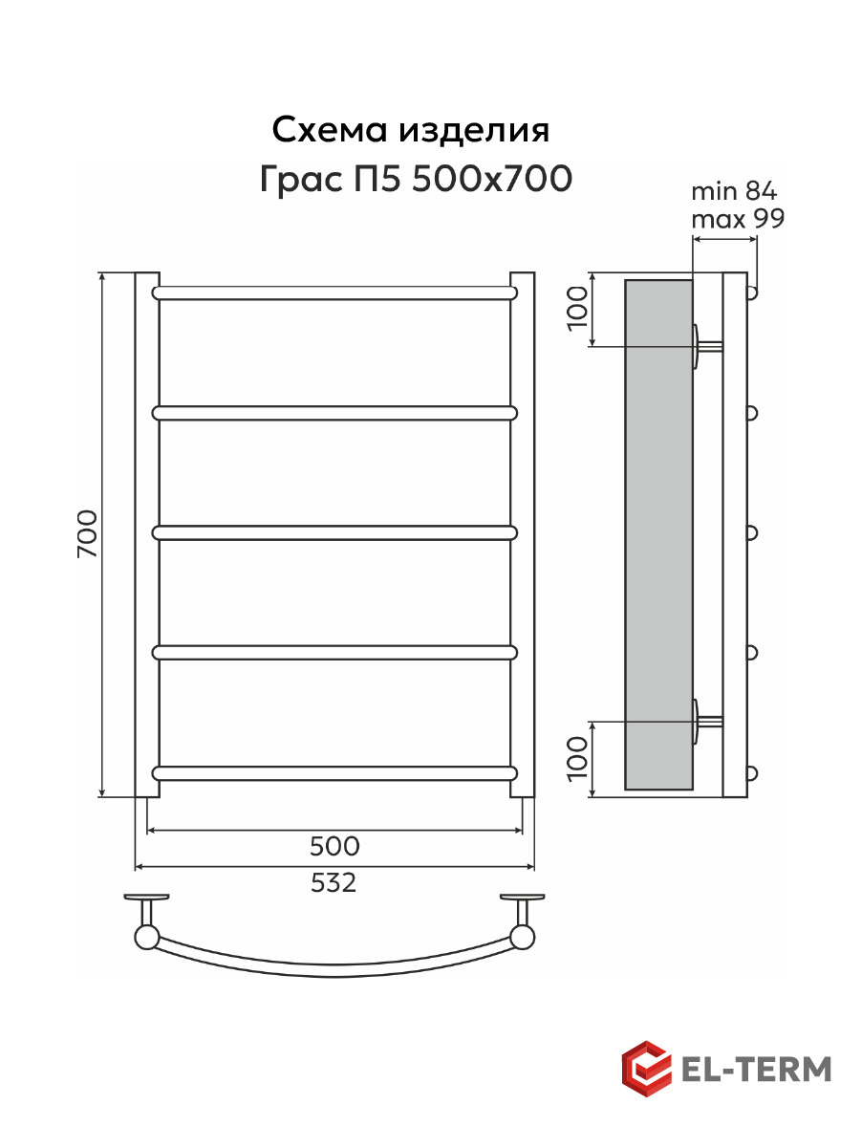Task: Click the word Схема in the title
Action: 330,129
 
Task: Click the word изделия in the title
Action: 474,131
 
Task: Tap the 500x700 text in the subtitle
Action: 492,179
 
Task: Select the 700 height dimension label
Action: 87,533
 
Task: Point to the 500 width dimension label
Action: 334,846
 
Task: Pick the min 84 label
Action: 734,191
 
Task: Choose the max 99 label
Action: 738,219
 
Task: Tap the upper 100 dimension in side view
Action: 577,308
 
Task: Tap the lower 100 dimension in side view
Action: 577,759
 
